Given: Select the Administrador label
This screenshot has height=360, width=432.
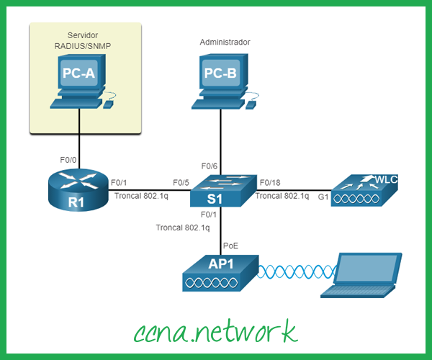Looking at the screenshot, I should pyautogui.click(x=225, y=42).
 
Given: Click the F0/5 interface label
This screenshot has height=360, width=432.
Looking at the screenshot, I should pyautogui.click(x=182, y=182).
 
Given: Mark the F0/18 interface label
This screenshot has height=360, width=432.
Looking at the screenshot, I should pyautogui.click(x=270, y=182).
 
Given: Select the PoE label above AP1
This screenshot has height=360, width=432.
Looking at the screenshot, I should pyautogui.click(x=230, y=246).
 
